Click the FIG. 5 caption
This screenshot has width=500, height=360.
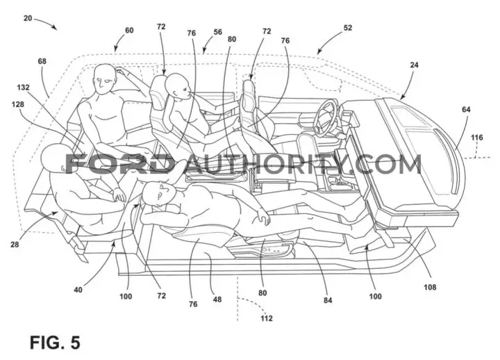coord(55,343)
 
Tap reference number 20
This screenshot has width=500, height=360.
coord(28,18)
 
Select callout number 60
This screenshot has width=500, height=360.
coord(129,31)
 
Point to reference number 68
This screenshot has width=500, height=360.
coord(42,61)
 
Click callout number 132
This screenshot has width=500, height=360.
coord(23,87)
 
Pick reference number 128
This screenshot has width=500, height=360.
coord(17,104)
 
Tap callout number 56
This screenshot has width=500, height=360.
coord(218,32)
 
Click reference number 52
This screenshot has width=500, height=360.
coord(348,28)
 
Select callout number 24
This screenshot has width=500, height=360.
coord(414,65)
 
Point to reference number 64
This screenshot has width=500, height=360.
coord(466,110)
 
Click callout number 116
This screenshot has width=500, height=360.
coord(476,138)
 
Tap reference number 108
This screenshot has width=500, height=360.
coord(430,287)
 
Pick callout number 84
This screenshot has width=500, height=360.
coord(328,300)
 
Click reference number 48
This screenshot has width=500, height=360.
coord(217,300)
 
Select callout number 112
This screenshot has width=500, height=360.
coord(266,318)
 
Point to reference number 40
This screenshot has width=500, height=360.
coord(78,290)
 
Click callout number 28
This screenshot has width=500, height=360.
coord(15,245)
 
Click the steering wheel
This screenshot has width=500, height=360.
coord(324,115)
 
